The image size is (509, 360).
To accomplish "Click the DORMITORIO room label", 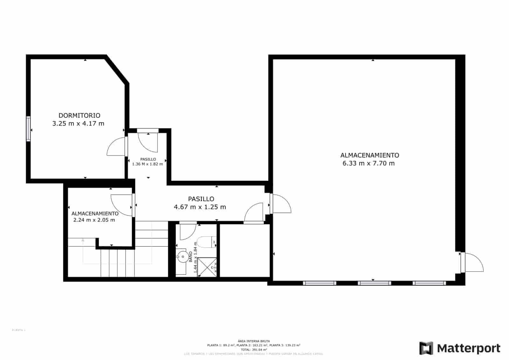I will click(79, 116).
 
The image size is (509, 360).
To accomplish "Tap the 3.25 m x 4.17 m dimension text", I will click(78, 124).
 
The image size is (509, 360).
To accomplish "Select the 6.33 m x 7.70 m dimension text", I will click(368, 163).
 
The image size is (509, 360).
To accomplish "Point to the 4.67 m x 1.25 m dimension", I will click(200, 207).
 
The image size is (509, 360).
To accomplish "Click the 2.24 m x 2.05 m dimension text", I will click(94, 220).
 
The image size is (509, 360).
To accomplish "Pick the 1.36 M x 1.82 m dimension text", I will click(148, 164).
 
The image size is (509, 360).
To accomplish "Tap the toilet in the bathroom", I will click(207, 242).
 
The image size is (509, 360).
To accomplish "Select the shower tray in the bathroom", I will click(207, 267).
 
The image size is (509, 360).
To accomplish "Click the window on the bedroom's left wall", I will click(29, 129).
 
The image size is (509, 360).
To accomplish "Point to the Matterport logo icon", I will click(426, 348).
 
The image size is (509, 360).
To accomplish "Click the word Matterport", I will click(469, 348).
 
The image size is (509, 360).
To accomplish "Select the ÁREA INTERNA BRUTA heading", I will click(254, 341).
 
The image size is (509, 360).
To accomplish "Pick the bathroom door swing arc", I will click(188, 232).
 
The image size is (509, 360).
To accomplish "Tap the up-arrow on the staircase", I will click(83, 240).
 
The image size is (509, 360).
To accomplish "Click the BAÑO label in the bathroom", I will click(191, 257).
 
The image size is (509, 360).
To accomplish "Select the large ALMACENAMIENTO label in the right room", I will click(370, 155).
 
